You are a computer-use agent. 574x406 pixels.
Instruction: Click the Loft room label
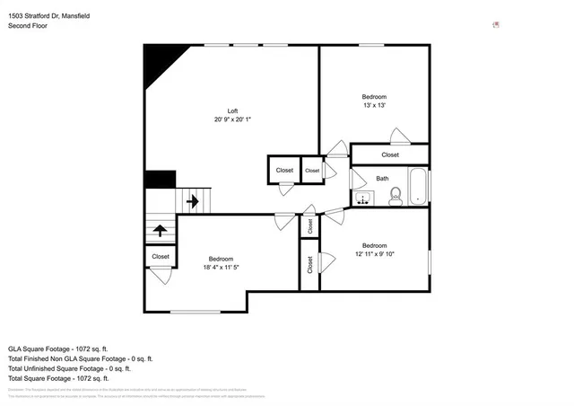231,110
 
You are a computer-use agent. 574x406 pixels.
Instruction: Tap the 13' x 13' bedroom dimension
374,106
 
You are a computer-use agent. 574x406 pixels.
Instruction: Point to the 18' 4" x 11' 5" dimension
220,267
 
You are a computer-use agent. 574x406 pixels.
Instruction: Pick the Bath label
382,179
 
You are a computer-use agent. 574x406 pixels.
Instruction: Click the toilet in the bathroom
395,197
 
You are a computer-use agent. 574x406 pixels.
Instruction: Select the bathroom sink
363,199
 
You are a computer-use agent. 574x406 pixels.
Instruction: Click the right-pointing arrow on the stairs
192,202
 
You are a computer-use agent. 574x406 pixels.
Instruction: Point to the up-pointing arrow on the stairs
161,231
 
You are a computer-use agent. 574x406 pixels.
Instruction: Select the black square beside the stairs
160,180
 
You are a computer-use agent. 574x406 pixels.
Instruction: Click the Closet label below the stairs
161,257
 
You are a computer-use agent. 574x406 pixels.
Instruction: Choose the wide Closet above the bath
390,154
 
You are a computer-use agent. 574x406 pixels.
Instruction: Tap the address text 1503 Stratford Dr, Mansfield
50,16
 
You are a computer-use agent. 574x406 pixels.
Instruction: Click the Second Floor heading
28,26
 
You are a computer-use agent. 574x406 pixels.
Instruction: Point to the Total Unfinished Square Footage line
70,368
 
